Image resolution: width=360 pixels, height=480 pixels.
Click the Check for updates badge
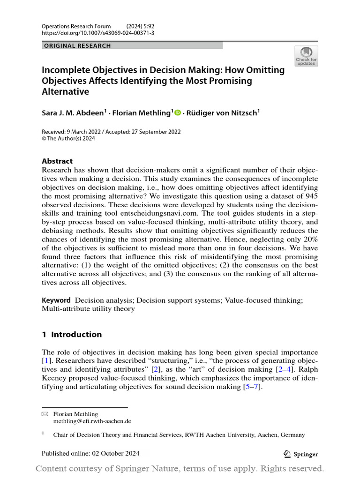306,56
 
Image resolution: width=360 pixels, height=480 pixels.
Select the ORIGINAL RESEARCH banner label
77,45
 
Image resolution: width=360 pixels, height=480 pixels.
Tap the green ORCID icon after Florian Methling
178,112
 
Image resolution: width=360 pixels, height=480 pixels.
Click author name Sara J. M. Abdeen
74,112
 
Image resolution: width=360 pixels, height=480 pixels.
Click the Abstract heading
57,161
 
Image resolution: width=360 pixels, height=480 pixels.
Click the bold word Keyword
56,300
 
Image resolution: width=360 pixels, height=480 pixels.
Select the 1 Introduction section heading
72,334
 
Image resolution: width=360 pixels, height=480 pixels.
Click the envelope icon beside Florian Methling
45,414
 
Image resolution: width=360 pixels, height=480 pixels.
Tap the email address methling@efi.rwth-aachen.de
92,421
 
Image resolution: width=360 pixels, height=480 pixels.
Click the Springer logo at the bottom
301,454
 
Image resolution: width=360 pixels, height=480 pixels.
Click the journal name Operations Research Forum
76,26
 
